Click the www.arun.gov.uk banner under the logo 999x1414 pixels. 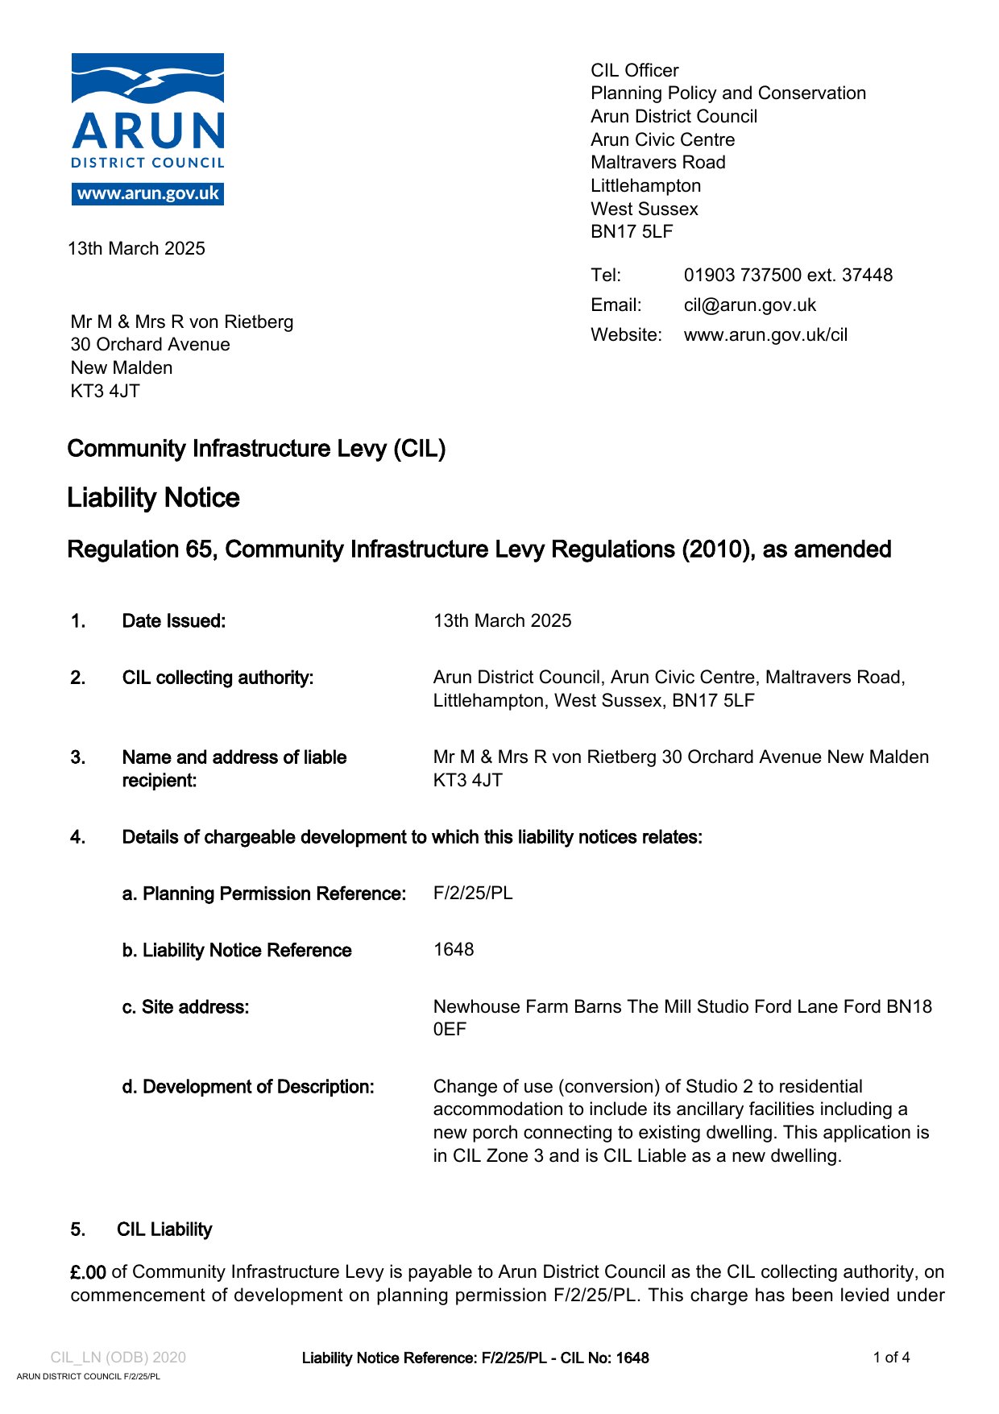[x=147, y=194]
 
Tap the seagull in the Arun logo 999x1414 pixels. [x=153, y=80]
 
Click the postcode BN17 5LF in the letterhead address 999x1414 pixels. [x=632, y=232]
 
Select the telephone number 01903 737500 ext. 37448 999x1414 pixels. [x=788, y=276]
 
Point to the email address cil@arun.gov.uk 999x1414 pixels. [x=749, y=305]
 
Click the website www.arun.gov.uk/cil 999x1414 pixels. [x=765, y=335]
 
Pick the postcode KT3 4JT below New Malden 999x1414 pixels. [x=106, y=392]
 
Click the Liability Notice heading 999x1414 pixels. [x=153, y=498]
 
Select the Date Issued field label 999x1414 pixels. [x=174, y=621]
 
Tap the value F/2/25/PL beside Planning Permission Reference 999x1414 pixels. [x=473, y=894]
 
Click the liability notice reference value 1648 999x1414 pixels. [x=454, y=950]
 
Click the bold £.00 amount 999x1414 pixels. [x=88, y=1272]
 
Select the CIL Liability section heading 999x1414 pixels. [x=164, y=1229]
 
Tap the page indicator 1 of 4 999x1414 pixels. [x=891, y=1358]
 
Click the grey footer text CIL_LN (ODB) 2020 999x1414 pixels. [x=118, y=1358]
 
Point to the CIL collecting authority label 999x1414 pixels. [x=218, y=678]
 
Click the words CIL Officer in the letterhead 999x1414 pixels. [x=635, y=71]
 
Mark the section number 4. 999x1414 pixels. [x=77, y=838]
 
